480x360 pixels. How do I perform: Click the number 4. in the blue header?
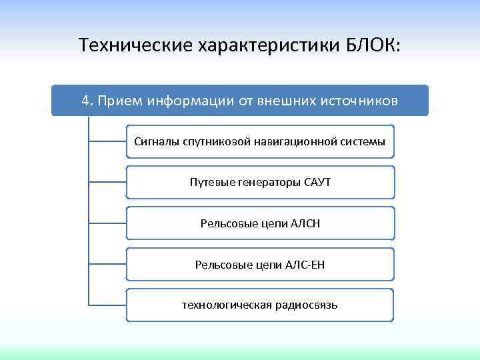click(x=87, y=101)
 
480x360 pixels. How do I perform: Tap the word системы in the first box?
click(x=362, y=142)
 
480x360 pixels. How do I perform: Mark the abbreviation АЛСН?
click(x=305, y=223)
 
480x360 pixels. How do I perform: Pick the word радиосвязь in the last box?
click(x=307, y=305)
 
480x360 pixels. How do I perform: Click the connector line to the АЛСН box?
click(x=107, y=223)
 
